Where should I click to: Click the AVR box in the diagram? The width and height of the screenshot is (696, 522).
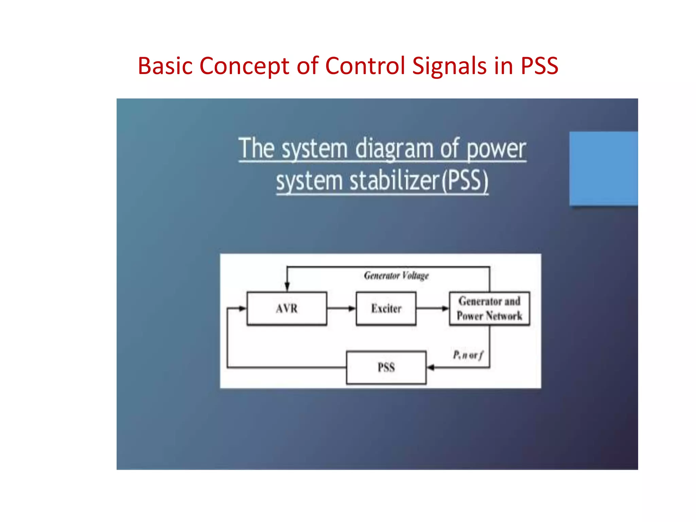point(287,309)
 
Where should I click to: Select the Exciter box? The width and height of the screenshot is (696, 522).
point(386,309)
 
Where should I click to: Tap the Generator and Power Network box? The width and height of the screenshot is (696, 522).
point(489,309)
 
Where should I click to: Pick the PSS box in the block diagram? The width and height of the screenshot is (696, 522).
point(386,367)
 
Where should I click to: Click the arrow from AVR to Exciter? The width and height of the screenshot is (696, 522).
point(341,309)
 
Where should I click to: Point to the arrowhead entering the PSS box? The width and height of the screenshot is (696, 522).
point(431,367)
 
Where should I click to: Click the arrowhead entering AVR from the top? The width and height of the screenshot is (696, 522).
point(287,286)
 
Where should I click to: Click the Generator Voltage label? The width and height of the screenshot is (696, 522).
point(396,275)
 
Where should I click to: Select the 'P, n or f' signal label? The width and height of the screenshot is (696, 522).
point(468,355)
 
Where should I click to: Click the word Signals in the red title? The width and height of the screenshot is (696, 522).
point(449,66)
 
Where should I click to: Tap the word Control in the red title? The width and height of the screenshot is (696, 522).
point(365,66)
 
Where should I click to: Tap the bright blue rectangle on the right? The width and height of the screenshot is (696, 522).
point(604,169)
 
